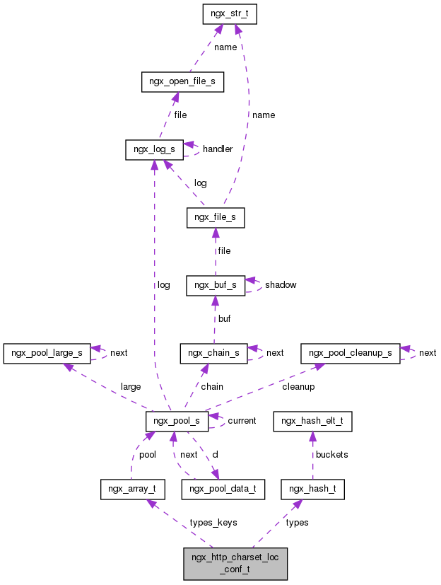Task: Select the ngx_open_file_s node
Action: (182, 82)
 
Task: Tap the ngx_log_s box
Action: (154, 149)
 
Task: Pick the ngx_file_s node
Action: (216, 218)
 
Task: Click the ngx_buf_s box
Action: (215, 285)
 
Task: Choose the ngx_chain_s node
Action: (213, 352)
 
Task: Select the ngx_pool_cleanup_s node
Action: (350, 352)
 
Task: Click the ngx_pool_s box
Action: (176, 421)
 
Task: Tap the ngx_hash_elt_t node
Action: (312, 421)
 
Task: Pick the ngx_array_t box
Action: (132, 489)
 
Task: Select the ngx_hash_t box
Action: (312, 489)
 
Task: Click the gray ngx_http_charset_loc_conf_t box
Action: (235, 563)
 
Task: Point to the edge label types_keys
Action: (213, 522)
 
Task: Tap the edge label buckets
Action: (331, 454)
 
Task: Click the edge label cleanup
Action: (298, 386)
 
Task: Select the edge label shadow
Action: (281, 284)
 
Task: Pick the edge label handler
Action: (217, 149)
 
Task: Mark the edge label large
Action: (131, 386)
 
